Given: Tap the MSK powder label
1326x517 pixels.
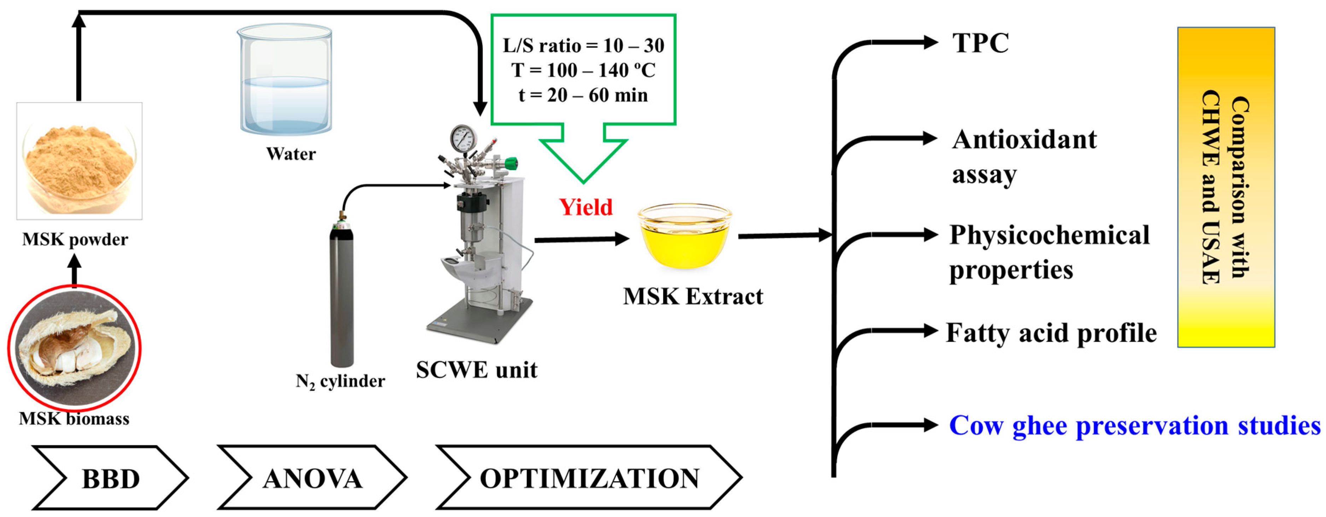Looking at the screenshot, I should pyautogui.click(x=75, y=240).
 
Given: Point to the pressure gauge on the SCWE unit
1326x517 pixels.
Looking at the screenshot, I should pyautogui.click(x=463, y=138).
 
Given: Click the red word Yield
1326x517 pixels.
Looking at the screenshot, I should pyautogui.click(x=586, y=207).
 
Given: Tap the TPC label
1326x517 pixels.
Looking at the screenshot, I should pyautogui.click(x=980, y=43).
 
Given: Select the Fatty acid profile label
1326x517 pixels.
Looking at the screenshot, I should pyautogui.click(x=1051, y=333).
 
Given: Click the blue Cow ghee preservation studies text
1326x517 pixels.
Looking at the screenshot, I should pyautogui.click(x=1134, y=426).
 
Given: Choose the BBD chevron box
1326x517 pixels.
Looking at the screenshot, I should pyautogui.click(x=110, y=478).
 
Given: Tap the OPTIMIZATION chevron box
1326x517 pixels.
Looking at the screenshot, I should pyautogui.click(x=589, y=478).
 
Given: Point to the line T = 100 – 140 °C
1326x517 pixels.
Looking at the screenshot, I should pyautogui.click(x=583, y=70).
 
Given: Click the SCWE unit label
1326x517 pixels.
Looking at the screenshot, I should pyautogui.click(x=476, y=370).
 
